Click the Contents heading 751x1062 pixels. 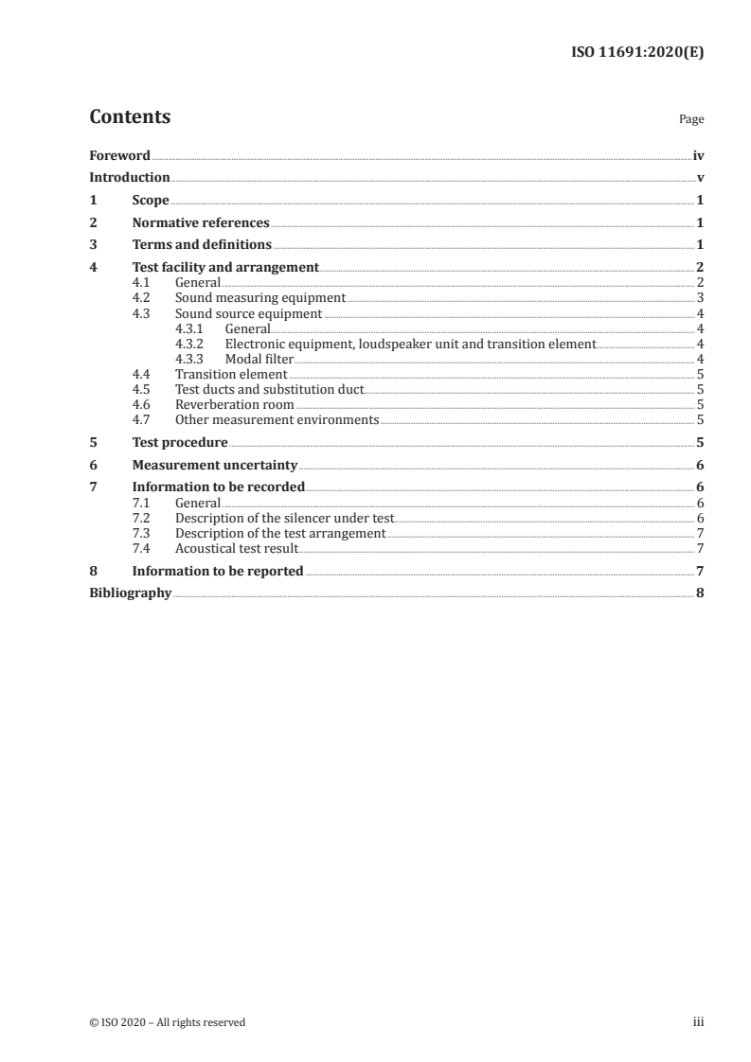coord(130,117)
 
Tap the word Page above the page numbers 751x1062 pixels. coord(690,120)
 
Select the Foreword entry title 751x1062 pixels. coord(119,155)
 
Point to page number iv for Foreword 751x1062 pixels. coord(697,155)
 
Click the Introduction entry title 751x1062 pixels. coord(130,177)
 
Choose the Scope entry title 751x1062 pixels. coord(151,201)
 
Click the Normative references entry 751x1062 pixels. coord(201,223)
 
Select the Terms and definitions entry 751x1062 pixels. coord(202,245)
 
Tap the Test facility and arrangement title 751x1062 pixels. coord(225,268)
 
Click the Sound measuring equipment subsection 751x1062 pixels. coord(259,298)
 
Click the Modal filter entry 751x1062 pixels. coord(259,359)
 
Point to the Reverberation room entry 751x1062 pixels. coord(234,404)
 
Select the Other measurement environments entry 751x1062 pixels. coord(277,419)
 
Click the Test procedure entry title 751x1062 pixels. coord(180,442)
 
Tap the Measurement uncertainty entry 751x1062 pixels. coord(215,465)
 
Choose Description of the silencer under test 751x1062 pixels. coord(284,518)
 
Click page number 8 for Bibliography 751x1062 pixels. coord(700,593)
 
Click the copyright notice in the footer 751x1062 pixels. coord(168,1022)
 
